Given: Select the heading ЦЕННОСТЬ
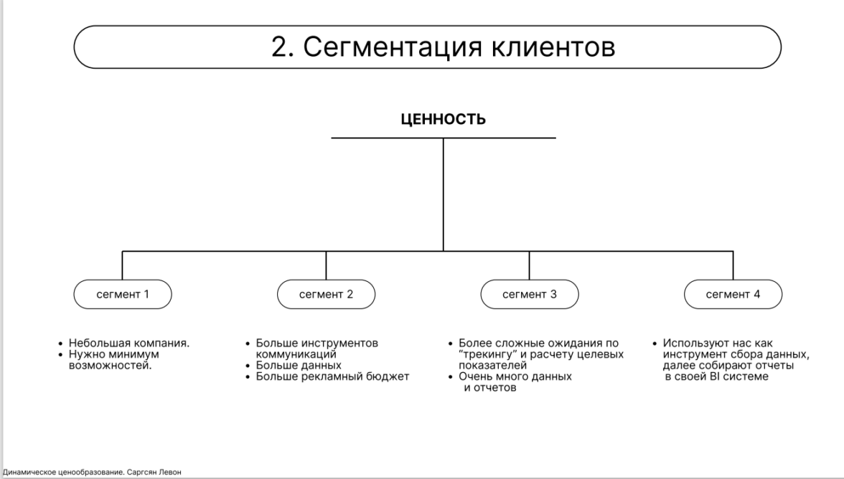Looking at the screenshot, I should (443, 119).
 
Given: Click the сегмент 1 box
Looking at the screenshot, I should (123, 294).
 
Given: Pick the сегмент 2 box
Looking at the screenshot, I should (326, 294).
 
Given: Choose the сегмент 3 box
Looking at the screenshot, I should (530, 294).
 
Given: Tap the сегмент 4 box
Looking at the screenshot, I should (733, 294).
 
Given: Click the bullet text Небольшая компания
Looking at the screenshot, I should (129, 343).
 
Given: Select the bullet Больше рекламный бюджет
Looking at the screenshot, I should (327, 376).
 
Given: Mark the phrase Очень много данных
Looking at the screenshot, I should (515, 376).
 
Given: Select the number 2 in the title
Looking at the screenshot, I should (281, 47).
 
